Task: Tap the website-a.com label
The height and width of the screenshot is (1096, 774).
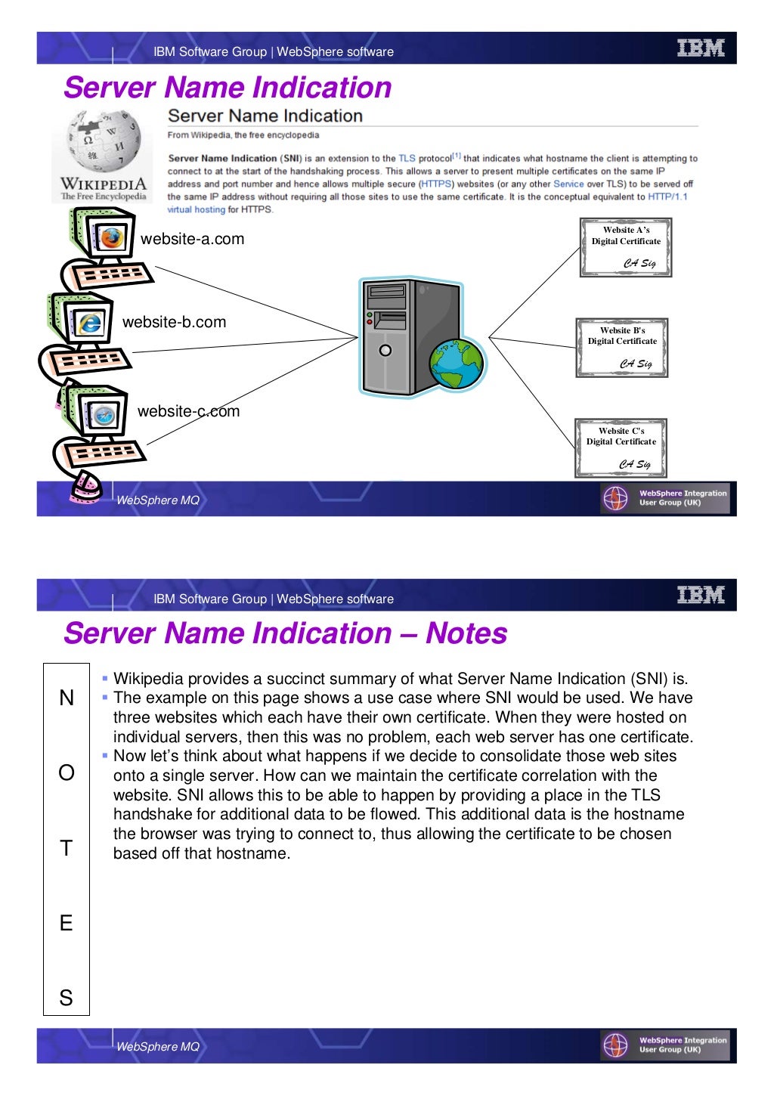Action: pos(192,240)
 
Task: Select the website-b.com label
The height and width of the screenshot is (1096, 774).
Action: pos(174,323)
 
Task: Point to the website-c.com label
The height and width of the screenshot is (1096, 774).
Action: pos(188,412)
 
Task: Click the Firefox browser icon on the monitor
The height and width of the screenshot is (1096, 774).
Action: pos(111,238)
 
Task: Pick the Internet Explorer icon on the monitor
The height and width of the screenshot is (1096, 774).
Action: pos(89,324)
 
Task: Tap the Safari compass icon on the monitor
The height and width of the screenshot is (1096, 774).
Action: pos(103,415)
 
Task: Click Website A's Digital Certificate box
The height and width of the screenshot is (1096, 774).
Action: pos(626,248)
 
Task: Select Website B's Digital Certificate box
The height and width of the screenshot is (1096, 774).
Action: pos(622,348)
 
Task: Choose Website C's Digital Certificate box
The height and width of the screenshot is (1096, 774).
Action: pos(621,448)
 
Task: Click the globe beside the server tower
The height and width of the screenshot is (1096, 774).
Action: pos(457,364)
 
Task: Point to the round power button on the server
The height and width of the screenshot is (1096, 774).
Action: pos(385,351)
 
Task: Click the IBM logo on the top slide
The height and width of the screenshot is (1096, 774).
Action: pos(701,48)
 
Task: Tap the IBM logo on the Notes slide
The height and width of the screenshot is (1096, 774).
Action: pos(701,596)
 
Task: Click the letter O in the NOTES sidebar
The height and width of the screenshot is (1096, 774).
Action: pos(67,773)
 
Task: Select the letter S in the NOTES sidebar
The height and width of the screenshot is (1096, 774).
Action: pos(67,998)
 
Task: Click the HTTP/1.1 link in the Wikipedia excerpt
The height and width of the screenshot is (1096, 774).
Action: pos(667,197)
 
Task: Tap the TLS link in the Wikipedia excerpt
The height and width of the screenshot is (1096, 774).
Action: pos(407,159)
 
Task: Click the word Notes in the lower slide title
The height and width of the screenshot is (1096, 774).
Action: pos(466,633)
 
